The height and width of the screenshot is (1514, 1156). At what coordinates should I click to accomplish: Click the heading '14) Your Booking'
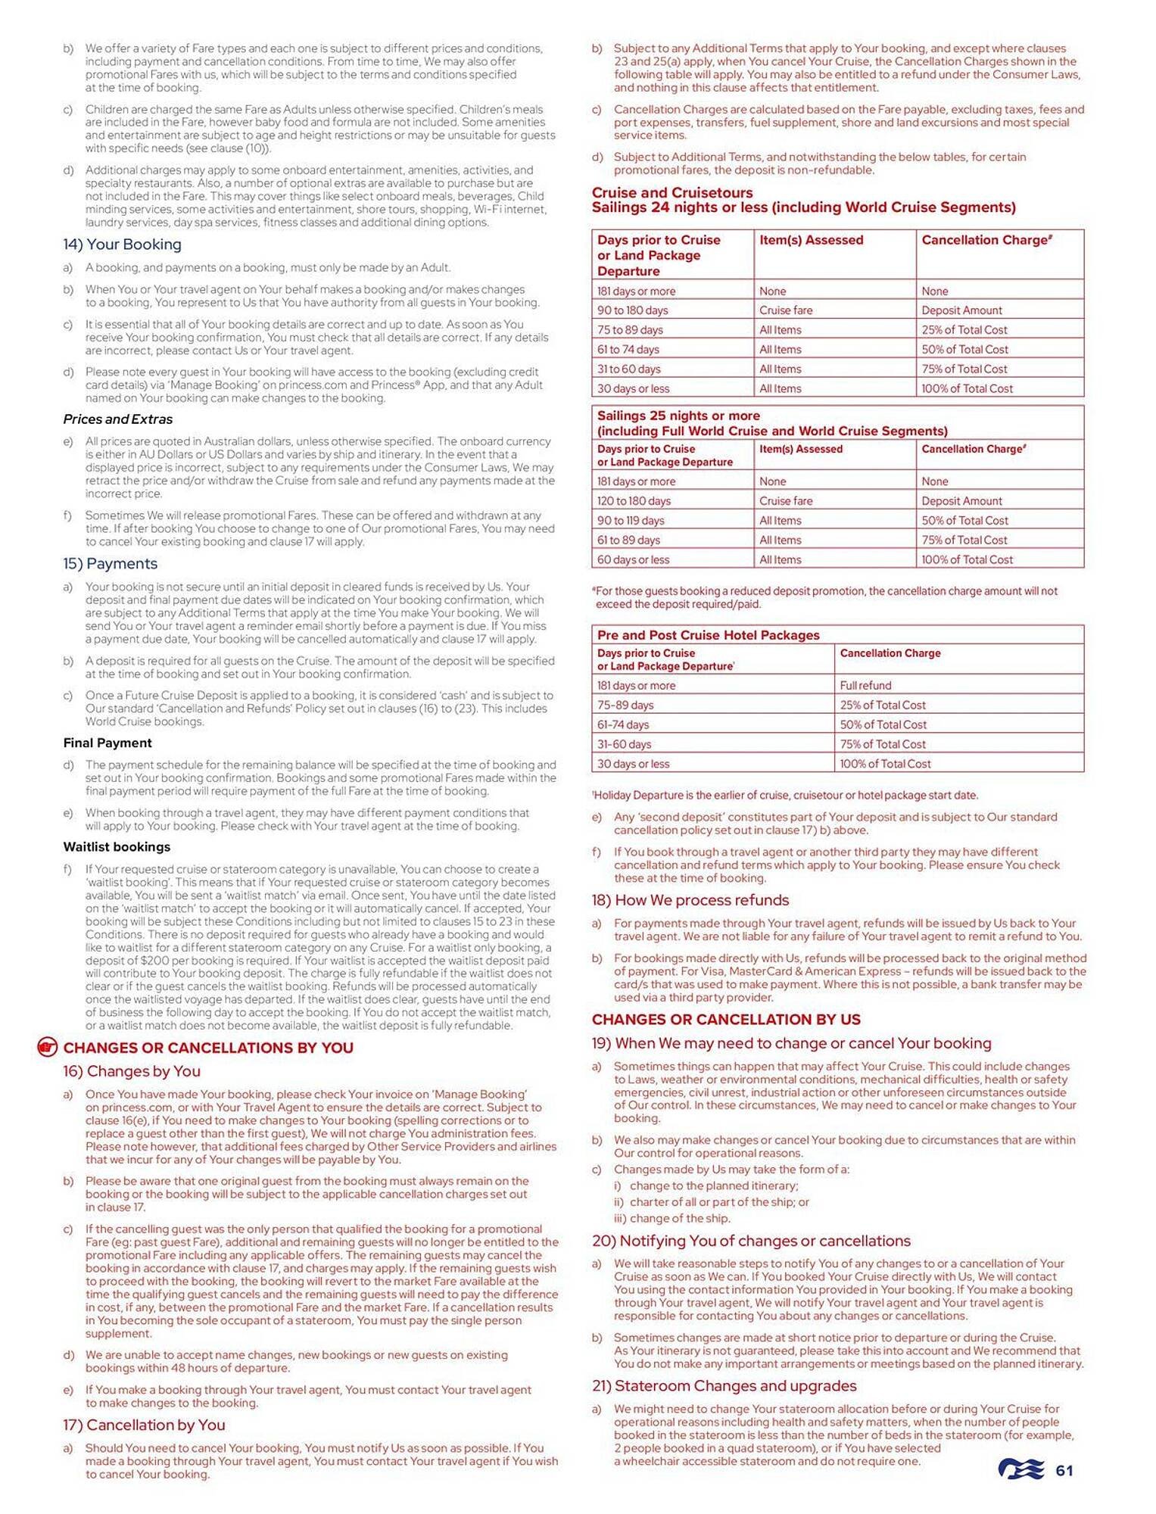(x=122, y=245)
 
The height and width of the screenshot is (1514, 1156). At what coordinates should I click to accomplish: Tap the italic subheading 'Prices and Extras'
(x=118, y=419)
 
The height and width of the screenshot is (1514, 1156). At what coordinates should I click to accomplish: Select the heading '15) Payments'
(x=111, y=564)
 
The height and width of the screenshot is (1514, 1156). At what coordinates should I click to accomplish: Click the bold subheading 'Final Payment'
(x=107, y=743)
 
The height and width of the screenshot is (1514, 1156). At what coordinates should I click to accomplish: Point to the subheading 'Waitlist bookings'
(x=117, y=847)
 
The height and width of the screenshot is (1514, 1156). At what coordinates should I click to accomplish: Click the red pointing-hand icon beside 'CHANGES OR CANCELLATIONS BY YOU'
(x=48, y=1048)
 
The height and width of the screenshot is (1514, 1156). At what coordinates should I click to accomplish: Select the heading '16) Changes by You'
(x=132, y=1071)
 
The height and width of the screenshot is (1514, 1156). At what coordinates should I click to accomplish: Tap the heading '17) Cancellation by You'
(x=144, y=1425)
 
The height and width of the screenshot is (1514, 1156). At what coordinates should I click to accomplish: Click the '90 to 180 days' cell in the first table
(x=633, y=310)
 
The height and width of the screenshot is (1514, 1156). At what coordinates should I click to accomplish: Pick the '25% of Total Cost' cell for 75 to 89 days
(x=964, y=330)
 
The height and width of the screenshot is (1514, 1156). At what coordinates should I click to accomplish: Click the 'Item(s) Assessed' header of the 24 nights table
(x=811, y=240)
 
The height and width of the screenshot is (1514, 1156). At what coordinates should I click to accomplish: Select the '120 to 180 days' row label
(x=634, y=501)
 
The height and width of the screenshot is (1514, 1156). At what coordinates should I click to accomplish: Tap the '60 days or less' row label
(x=634, y=560)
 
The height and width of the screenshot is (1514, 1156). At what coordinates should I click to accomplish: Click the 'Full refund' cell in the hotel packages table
(x=865, y=686)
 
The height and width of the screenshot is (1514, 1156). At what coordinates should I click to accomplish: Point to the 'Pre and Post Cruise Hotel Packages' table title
(x=708, y=635)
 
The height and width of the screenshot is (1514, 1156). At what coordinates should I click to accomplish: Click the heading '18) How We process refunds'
(x=690, y=900)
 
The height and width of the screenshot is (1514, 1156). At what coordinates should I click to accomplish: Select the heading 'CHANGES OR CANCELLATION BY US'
(x=726, y=1020)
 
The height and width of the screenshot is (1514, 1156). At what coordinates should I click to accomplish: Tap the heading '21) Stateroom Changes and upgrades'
(x=724, y=1386)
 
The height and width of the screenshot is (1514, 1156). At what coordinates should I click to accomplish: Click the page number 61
(x=1064, y=1471)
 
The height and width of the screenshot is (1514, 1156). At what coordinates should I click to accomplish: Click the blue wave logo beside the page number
(x=1022, y=1470)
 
